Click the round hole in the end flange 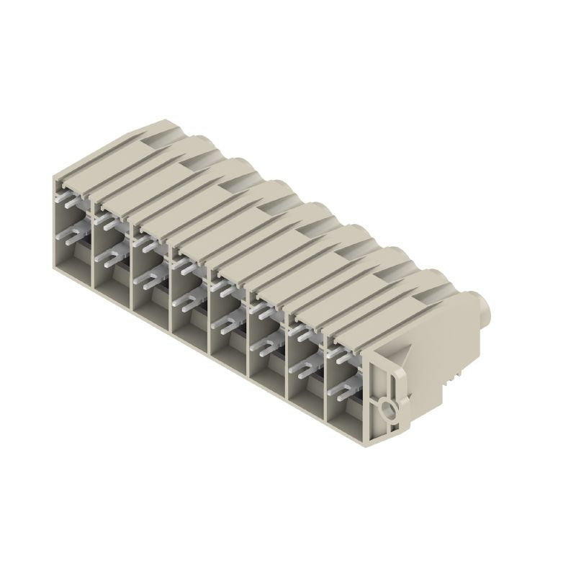pos(390,411)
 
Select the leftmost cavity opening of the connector pos(73,230)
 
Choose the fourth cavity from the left pos(189,296)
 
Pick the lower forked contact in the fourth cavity pos(185,306)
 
